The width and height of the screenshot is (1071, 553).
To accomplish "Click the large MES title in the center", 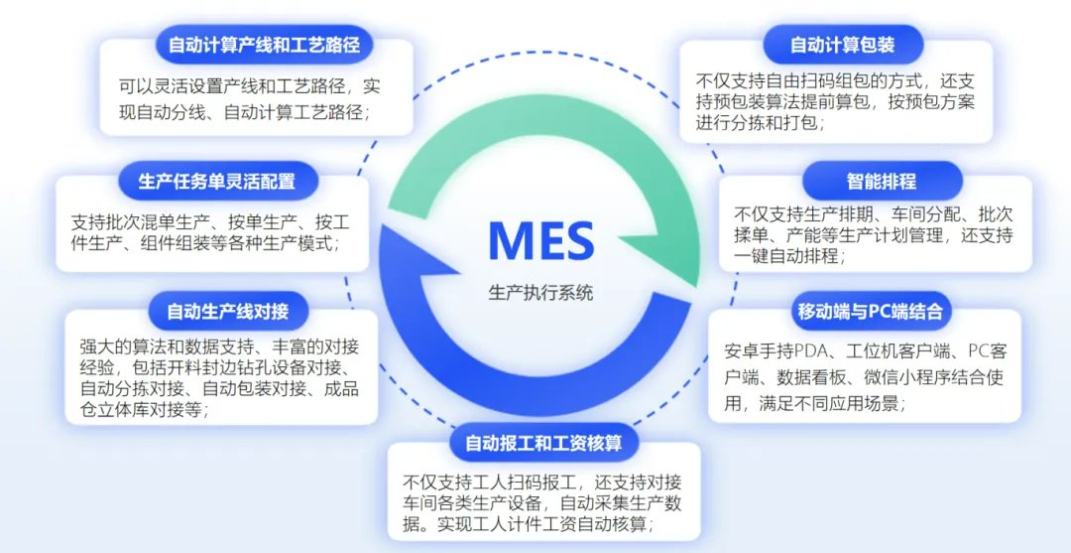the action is (540, 240).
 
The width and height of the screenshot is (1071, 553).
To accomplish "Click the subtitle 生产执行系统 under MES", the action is (540, 294).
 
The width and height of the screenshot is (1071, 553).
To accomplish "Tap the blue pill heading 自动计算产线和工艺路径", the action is (263, 45).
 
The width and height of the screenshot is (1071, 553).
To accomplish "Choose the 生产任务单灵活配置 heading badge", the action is (217, 182).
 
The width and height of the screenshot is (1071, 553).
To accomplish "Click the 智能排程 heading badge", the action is (882, 182).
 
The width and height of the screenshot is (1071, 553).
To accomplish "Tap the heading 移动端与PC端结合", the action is (869, 311).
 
